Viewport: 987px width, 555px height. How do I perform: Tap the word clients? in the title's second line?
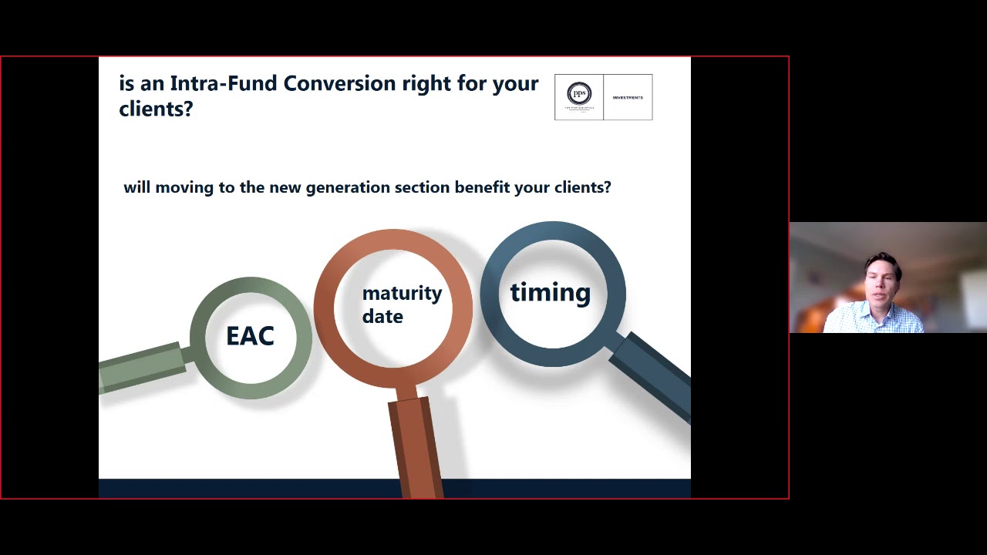(x=156, y=109)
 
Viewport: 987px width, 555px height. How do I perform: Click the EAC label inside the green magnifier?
(x=250, y=336)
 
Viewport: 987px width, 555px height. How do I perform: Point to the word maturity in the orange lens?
(x=402, y=294)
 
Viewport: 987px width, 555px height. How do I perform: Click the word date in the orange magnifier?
(x=382, y=317)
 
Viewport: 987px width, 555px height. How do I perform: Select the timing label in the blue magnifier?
(x=550, y=293)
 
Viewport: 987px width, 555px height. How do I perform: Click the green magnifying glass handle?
(x=143, y=365)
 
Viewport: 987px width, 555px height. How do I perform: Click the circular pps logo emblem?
(x=579, y=94)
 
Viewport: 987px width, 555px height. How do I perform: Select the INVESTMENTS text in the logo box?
(x=628, y=98)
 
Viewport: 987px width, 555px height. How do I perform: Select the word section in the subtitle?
(x=422, y=187)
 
